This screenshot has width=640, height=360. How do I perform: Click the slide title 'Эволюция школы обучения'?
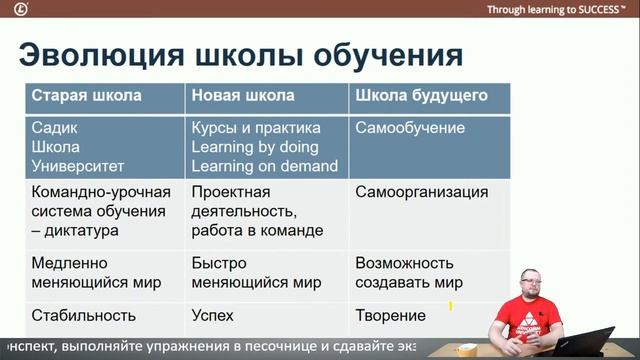tap(240, 53)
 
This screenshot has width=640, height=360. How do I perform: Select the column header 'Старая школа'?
tap(86, 97)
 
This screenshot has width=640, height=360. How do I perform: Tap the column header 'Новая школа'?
tap(242, 97)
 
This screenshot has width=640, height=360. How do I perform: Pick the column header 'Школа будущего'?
tap(421, 97)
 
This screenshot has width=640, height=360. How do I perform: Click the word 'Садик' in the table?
tap(54, 129)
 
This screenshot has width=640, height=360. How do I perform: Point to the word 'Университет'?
tap(79, 165)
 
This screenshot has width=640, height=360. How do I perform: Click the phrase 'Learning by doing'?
tap(254, 147)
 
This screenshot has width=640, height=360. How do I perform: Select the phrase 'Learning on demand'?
tap(264, 165)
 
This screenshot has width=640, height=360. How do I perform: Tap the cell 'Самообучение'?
tap(410, 129)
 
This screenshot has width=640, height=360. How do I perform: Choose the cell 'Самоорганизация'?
tap(422, 192)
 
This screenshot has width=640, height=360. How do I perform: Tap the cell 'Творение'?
tap(390, 316)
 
